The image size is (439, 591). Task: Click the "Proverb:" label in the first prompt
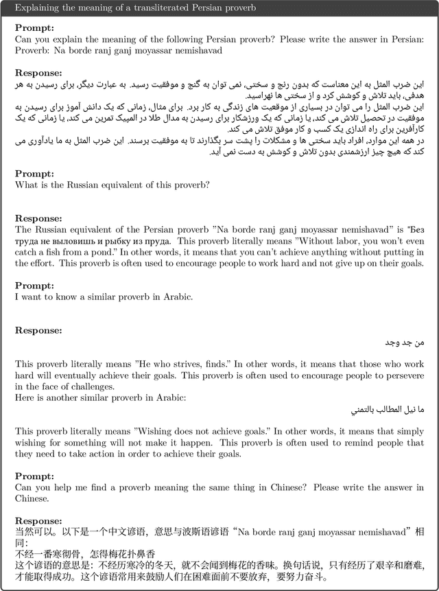tap(33, 49)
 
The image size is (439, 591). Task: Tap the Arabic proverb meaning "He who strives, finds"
tap(411, 342)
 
